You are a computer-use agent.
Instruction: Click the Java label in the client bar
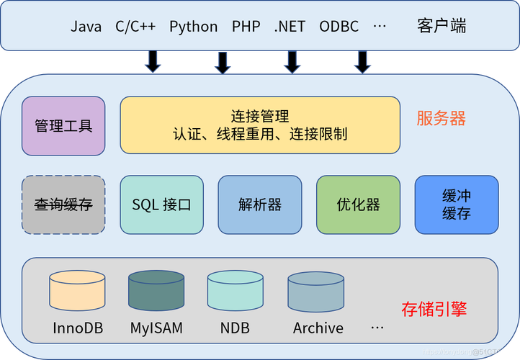(x=86, y=27)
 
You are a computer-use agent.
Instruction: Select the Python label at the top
(x=193, y=27)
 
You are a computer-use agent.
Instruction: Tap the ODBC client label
(x=339, y=27)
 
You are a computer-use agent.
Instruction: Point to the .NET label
(x=290, y=27)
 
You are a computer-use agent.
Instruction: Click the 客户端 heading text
(x=441, y=27)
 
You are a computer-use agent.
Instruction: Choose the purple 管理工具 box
(x=63, y=126)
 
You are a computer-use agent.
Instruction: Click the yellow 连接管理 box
(x=259, y=125)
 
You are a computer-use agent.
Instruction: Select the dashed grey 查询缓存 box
(x=63, y=204)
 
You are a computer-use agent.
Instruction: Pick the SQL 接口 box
(x=161, y=204)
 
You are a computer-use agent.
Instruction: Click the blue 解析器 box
(x=259, y=204)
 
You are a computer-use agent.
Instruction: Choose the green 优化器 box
(x=358, y=204)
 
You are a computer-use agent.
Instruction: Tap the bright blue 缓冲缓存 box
(x=456, y=204)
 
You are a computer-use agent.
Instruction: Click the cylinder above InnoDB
(x=77, y=292)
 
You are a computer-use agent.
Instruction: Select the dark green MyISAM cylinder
(x=156, y=292)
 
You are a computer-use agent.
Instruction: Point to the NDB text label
(x=235, y=328)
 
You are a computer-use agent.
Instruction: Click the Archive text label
(x=318, y=328)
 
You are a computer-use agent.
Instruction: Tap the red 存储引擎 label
(x=434, y=310)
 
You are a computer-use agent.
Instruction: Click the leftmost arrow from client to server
(x=153, y=62)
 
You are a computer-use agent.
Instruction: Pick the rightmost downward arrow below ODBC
(x=362, y=62)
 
